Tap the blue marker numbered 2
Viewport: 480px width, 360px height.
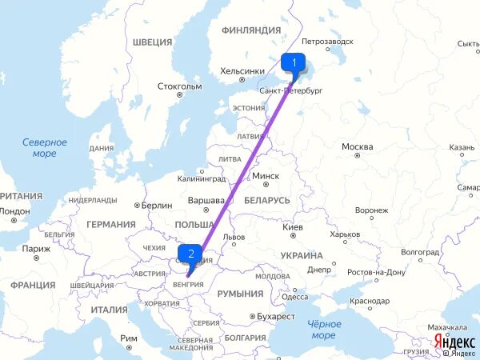(x=190, y=255)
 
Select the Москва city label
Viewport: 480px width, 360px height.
(x=357, y=146)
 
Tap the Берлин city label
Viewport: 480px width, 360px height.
(x=156, y=205)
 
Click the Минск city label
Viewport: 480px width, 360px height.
(x=265, y=177)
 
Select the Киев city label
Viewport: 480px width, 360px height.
(x=293, y=228)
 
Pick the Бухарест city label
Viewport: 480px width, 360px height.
(x=276, y=316)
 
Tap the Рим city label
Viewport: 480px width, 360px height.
(x=129, y=338)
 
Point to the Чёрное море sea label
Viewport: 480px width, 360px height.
(x=323, y=330)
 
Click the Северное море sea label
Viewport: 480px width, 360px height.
(x=45, y=147)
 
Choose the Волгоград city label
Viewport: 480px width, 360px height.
(x=420, y=252)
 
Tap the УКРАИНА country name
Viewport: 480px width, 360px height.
(x=301, y=255)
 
